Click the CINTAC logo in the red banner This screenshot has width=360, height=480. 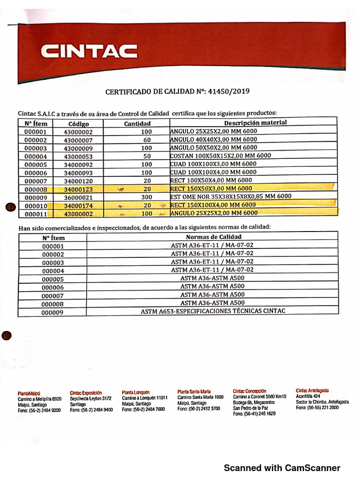pyautogui.click(x=89, y=51)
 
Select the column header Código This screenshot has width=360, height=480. pyautogui.click(x=79, y=124)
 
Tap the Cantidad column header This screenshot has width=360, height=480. pyautogui.click(x=137, y=124)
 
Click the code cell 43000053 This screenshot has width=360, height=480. pyautogui.click(x=79, y=156)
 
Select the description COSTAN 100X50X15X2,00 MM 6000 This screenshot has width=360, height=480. pyautogui.click(x=220, y=156)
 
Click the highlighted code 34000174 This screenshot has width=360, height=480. pyautogui.click(x=79, y=206)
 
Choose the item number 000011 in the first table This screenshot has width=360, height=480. pyautogui.click(x=36, y=214)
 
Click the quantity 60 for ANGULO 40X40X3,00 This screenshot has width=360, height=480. pyautogui.click(x=147, y=140)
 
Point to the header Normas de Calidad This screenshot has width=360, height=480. pyautogui.click(x=213, y=237)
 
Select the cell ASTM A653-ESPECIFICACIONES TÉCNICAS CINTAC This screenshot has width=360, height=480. pyautogui.click(x=213, y=311)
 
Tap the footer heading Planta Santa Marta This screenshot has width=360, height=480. pyautogui.click(x=194, y=391)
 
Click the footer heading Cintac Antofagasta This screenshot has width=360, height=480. pyautogui.click(x=312, y=390)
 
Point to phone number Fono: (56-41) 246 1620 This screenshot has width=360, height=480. pyautogui.click(x=254, y=414)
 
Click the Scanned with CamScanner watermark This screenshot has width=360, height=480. pyautogui.click(x=282, y=468)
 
